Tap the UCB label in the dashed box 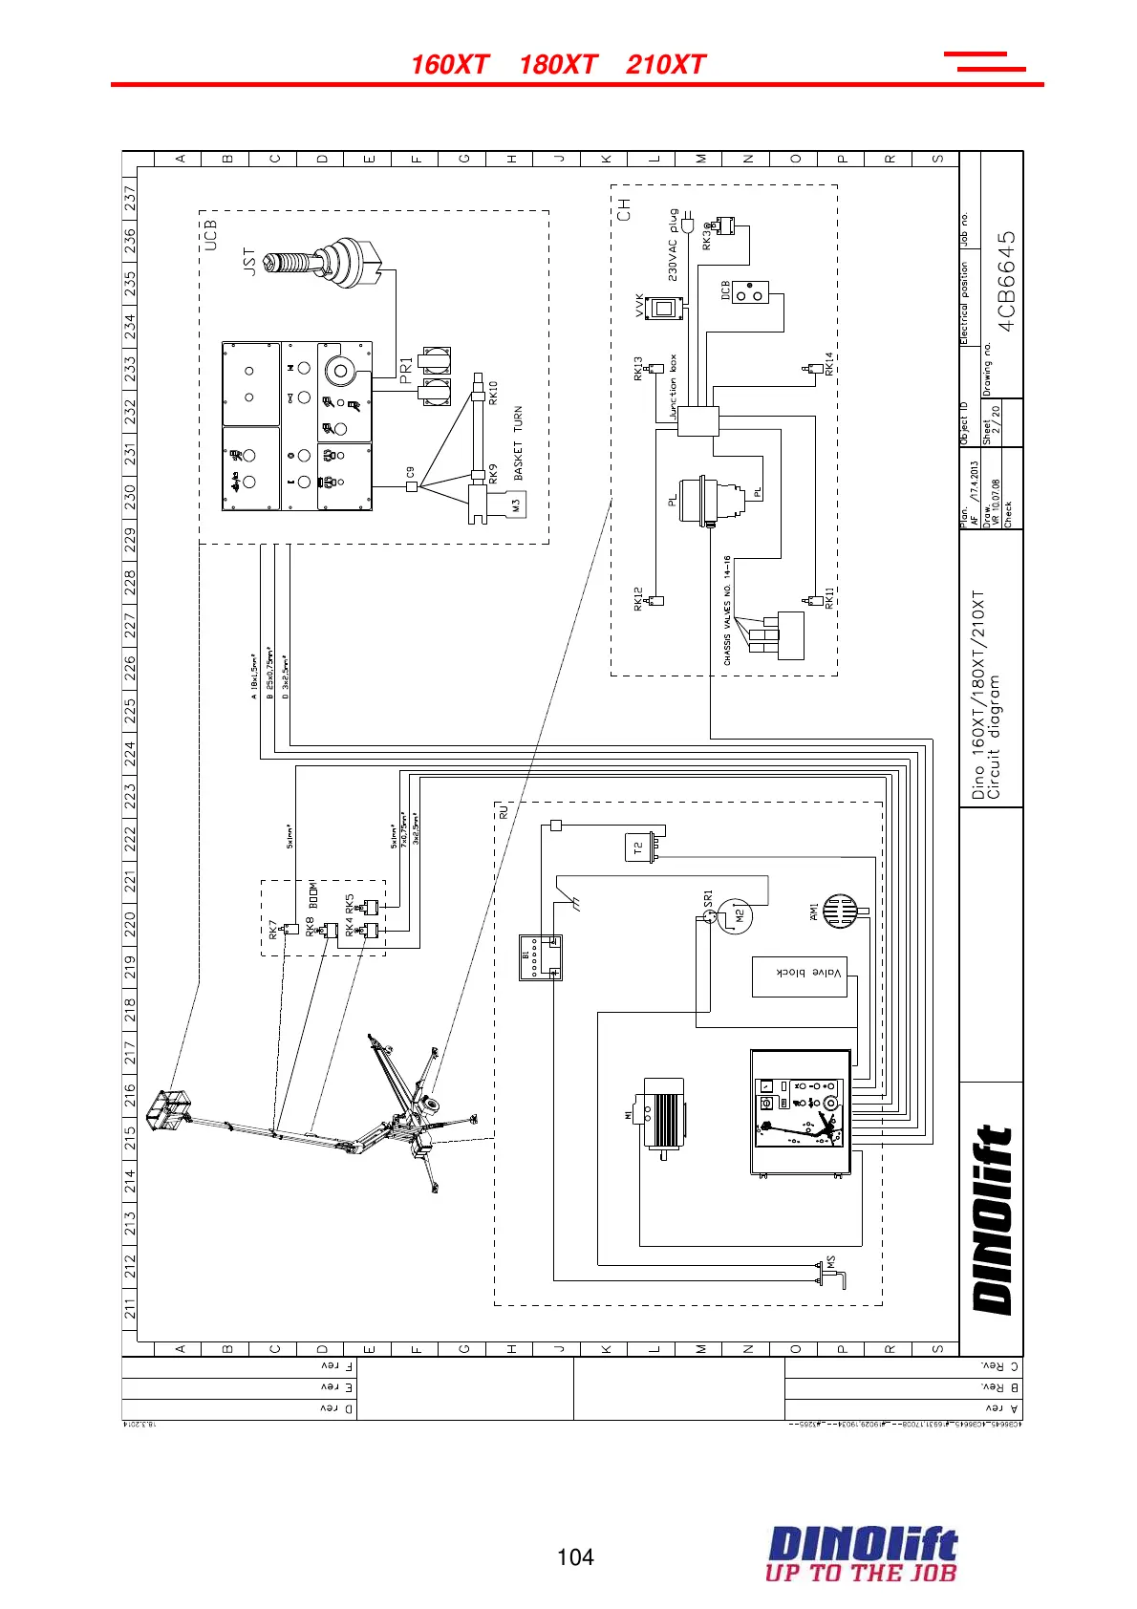coord(210,235)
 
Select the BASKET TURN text coord(518,443)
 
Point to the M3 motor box coord(514,504)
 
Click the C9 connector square coord(412,485)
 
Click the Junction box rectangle coord(697,421)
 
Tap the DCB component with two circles coord(751,292)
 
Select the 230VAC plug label coord(673,246)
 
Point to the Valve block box coord(800,976)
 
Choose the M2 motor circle coord(736,916)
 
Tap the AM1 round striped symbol coord(839,912)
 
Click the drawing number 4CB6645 coord(1006,280)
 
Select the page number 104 coord(575,1557)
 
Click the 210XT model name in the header coord(666,65)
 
